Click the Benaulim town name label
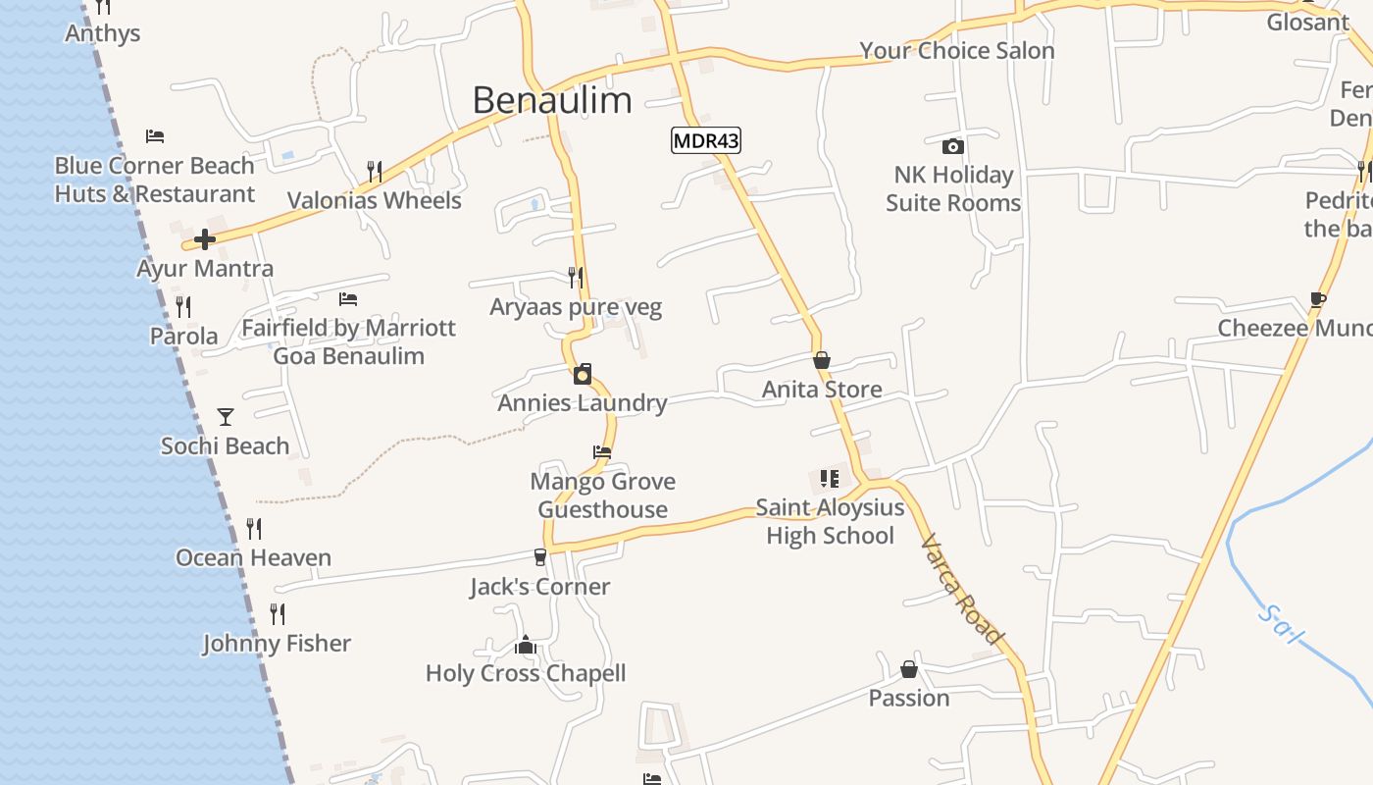coord(552,100)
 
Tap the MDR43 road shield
coord(705,141)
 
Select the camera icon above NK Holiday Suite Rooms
coord(952,147)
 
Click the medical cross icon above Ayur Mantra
coord(204,239)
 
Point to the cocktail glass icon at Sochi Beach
coord(226,417)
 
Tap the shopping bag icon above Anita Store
coord(822,361)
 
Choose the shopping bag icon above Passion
coord(909,670)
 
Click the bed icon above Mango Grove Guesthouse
coord(602,452)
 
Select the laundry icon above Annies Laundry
coord(583,374)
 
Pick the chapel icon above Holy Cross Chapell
coord(526,645)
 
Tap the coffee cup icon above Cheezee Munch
coord(1318,299)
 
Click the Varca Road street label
coord(963,589)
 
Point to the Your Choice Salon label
coord(957,51)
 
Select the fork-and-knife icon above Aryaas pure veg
coord(576,278)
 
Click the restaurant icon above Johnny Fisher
coord(278,614)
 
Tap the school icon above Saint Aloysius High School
coord(830,479)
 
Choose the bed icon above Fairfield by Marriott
coord(348,298)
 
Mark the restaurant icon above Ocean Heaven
coord(254,529)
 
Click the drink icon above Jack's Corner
coord(539,557)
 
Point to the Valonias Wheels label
coord(374,201)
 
